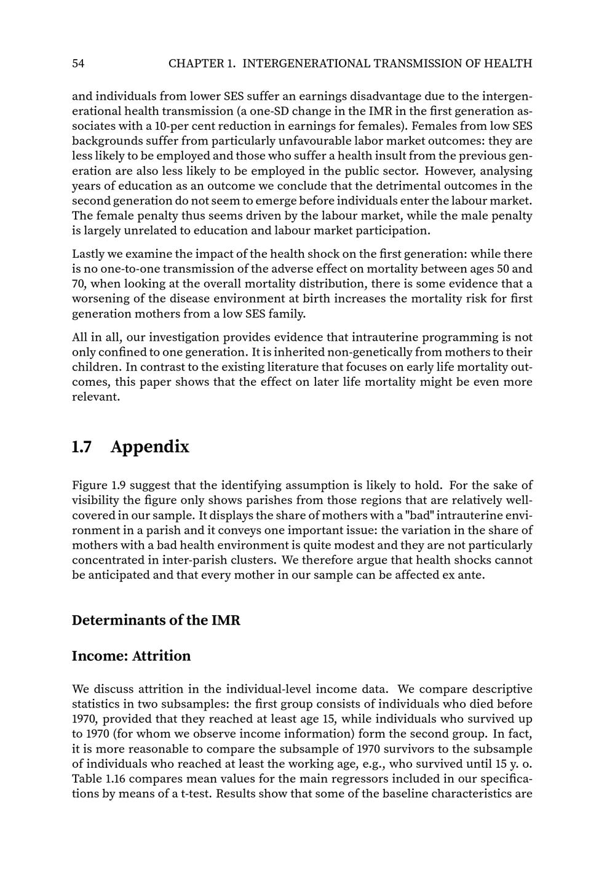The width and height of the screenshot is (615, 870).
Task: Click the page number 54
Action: click(78, 63)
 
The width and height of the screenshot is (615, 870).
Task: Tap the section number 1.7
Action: click(82, 447)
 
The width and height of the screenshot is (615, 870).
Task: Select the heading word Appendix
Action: click(150, 447)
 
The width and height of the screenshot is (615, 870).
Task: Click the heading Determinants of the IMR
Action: click(156, 620)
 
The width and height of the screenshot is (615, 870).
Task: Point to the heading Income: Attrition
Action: click(131, 656)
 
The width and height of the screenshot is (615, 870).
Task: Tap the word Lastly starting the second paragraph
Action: click(87, 253)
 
